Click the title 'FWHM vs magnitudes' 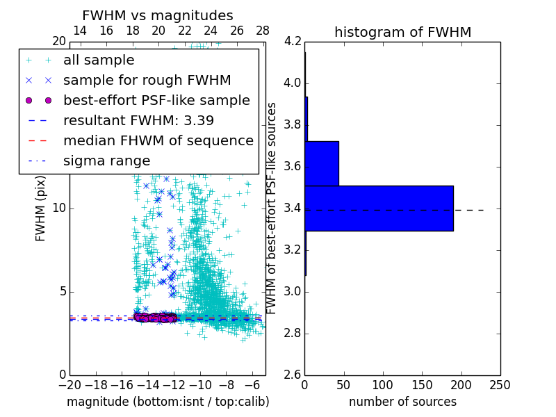pos(158,15)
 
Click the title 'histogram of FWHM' pos(402,32)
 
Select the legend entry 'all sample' pos(99,60)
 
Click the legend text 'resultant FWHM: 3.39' pos(138,120)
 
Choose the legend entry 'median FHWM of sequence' pos(158,140)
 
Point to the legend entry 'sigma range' pos(106,161)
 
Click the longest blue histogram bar pos(379,208)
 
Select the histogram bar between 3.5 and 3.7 pos(322,163)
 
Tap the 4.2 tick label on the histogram pos(293,42)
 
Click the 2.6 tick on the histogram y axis pos(293,375)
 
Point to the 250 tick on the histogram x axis pos(500,385)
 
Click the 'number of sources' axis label pos(402,402)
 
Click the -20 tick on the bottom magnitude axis pos(69,385)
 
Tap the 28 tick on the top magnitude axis pos(263,31)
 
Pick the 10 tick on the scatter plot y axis pos(59,208)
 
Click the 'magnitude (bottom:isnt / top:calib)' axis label pos(167,402)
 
